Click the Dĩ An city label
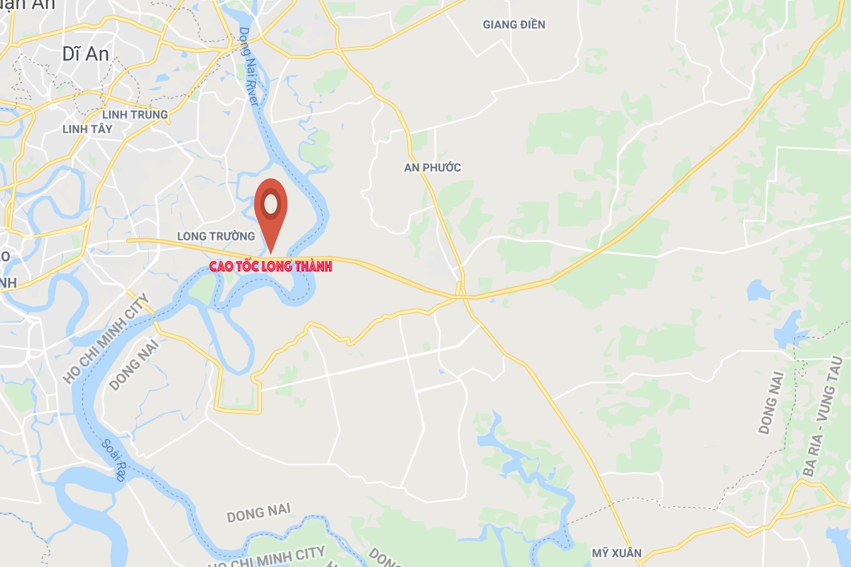(x=86, y=54)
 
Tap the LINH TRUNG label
(x=135, y=115)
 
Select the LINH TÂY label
(x=87, y=129)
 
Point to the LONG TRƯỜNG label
(x=216, y=236)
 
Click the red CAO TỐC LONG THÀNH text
(x=270, y=266)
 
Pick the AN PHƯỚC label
(x=432, y=168)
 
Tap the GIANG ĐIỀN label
(x=514, y=25)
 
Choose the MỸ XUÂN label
(x=617, y=553)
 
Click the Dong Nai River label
(x=249, y=66)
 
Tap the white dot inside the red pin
(x=271, y=203)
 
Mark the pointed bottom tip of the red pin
(x=271, y=254)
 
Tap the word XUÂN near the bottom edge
(x=627, y=553)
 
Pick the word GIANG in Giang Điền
(x=497, y=25)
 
